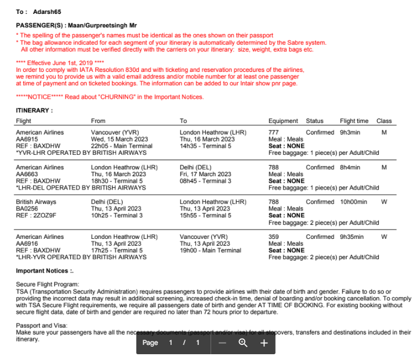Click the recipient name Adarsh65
[x=47, y=12]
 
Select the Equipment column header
[x=283, y=121]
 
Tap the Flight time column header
[x=354, y=121]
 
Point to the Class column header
[x=384, y=121]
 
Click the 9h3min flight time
[x=350, y=133]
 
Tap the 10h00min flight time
[x=353, y=202]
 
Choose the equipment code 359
[x=273, y=237]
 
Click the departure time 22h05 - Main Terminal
[x=122, y=147]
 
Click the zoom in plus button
[x=263, y=343]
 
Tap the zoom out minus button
[x=222, y=343]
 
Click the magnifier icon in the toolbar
[x=243, y=343]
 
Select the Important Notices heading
[x=45, y=271]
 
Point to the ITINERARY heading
[x=34, y=110]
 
